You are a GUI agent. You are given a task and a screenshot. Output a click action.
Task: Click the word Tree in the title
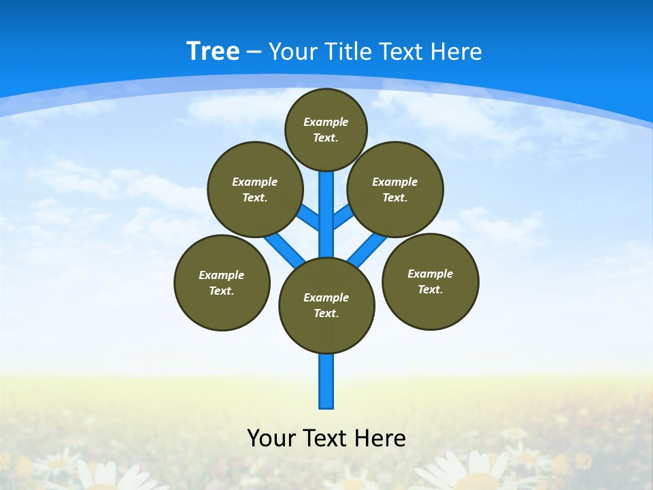[213, 52]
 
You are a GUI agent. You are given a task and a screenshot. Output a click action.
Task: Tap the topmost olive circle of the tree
[326, 129]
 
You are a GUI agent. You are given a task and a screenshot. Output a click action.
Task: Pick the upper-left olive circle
[255, 189]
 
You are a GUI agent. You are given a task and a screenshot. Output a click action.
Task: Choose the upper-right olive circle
[395, 189]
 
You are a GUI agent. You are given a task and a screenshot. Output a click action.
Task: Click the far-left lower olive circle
[222, 282]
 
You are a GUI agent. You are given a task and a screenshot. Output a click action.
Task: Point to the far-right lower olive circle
[430, 281]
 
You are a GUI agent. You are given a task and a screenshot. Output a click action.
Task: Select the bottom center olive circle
[326, 306]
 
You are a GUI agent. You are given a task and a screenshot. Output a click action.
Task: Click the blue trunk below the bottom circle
[326, 381]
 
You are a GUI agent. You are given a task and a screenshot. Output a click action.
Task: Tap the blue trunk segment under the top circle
[326, 204]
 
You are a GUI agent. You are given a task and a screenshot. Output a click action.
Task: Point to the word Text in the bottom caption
[326, 438]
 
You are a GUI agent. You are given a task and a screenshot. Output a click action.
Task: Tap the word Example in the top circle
[326, 122]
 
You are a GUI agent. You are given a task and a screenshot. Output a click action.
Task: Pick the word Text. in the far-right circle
[430, 289]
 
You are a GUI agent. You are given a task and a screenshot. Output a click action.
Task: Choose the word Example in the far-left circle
[222, 275]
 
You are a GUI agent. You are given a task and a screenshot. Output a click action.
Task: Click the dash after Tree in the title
[254, 52]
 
